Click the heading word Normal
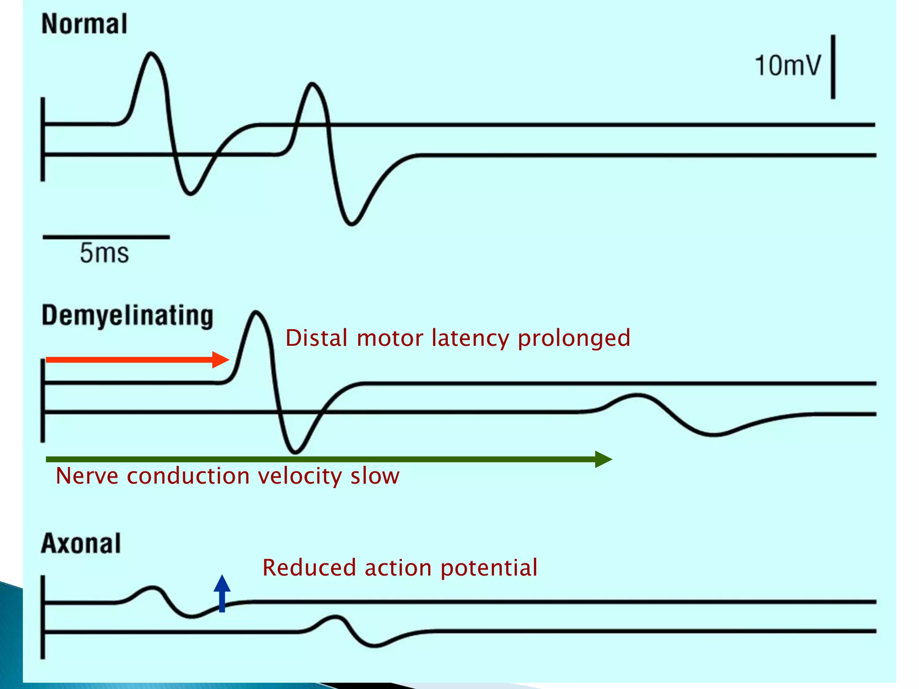coord(84,24)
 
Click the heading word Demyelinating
coord(127,315)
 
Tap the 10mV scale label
coord(788,65)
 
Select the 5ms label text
coord(104,253)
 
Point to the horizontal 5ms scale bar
coord(106,237)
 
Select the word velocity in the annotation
coord(301,476)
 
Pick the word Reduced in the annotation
coord(310,567)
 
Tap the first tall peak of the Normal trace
coord(151,53)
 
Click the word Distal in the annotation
coord(316,338)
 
